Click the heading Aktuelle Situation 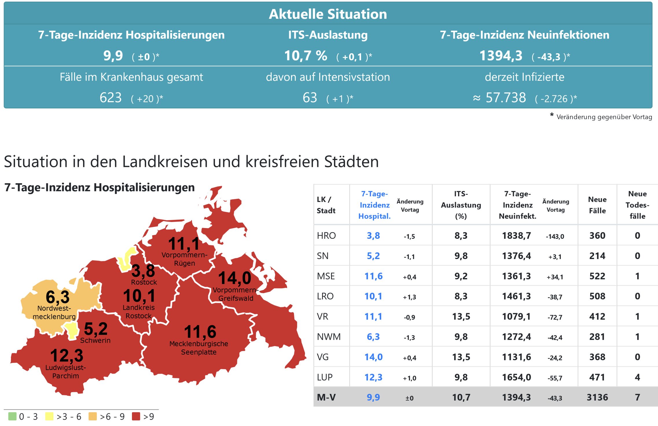click(x=328, y=14)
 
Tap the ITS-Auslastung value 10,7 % click(x=306, y=56)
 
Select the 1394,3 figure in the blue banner click(x=501, y=56)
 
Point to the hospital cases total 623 click(x=111, y=98)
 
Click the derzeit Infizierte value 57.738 click(x=506, y=98)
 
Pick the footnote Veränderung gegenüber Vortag click(x=604, y=117)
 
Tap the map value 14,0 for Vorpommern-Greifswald click(x=235, y=278)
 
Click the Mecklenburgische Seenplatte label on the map click(x=199, y=348)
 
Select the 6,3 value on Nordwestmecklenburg click(x=58, y=297)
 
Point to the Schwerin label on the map click(x=95, y=340)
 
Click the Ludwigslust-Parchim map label click(x=66, y=372)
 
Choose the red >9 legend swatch click(x=136, y=416)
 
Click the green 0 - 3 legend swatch click(x=12, y=416)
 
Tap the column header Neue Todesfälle click(x=637, y=205)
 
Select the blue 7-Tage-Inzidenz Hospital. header click(x=374, y=205)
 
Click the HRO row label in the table click(x=326, y=236)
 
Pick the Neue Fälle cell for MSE click(x=597, y=276)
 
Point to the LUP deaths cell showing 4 click(x=637, y=377)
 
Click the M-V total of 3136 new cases click(x=597, y=397)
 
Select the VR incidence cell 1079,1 click(x=517, y=317)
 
